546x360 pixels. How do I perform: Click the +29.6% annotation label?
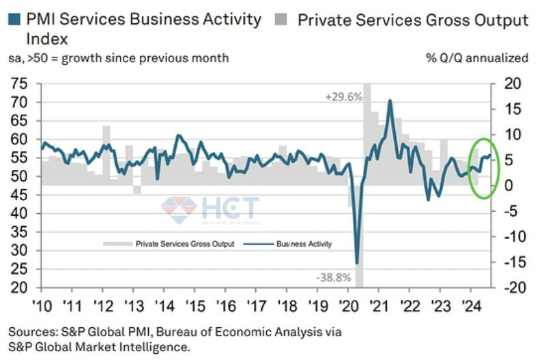click(x=343, y=98)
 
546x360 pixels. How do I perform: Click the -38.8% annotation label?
click(x=334, y=279)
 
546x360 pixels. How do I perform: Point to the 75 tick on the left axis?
click(x=19, y=84)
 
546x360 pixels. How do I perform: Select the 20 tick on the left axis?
click(x=19, y=287)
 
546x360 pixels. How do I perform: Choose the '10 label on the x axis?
click(x=41, y=303)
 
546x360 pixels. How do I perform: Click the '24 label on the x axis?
click(x=470, y=303)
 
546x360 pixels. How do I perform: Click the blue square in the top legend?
click(x=14, y=20)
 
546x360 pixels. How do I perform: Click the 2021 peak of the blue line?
click(x=390, y=101)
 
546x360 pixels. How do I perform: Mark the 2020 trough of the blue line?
click(x=357, y=262)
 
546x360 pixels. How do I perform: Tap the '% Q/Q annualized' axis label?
click(x=477, y=58)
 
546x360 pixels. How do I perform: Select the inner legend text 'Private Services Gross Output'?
click(x=184, y=244)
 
